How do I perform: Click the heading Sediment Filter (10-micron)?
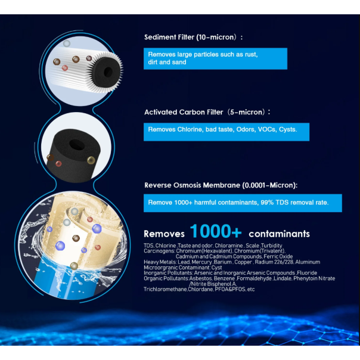click(x=193, y=37)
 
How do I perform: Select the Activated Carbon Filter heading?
click(x=207, y=112)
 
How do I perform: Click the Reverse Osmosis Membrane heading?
click(x=221, y=185)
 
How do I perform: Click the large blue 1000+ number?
click(x=216, y=231)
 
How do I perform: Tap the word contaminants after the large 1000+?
click(x=279, y=234)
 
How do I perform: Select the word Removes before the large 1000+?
click(x=164, y=234)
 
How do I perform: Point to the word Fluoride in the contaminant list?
click(x=307, y=273)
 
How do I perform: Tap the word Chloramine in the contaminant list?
click(x=229, y=246)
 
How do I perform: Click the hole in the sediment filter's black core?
click(x=108, y=72)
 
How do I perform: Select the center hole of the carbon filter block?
click(x=77, y=145)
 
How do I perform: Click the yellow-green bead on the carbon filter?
click(x=91, y=160)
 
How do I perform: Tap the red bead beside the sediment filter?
click(x=65, y=68)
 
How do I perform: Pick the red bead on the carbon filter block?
click(x=58, y=164)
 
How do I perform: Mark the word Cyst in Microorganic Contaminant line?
click(x=217, y=268)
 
